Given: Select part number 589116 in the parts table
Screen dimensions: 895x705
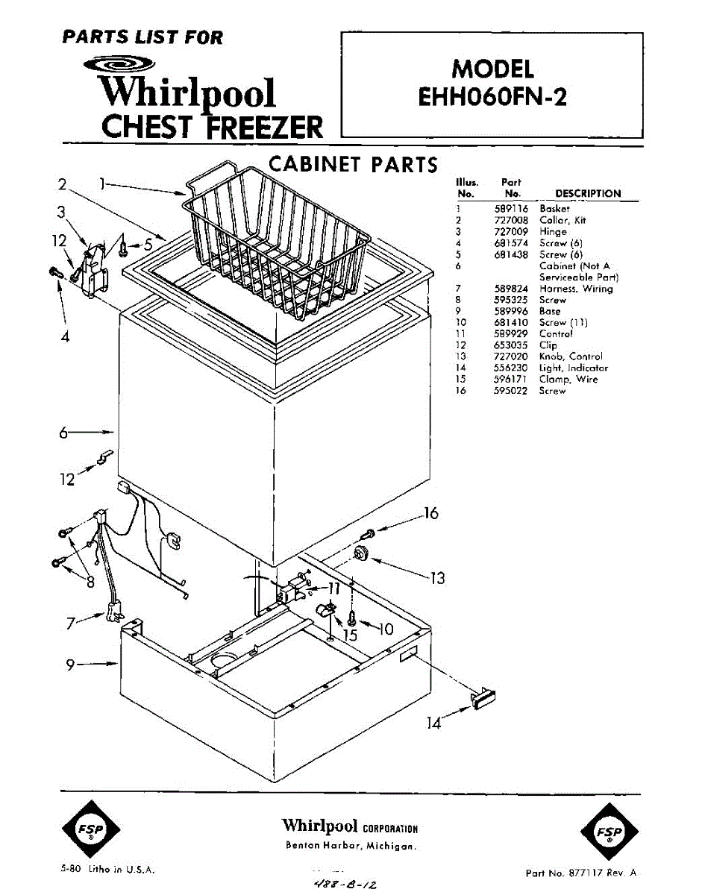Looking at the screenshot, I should [511, 210].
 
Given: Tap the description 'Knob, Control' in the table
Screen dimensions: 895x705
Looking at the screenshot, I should [570, 357].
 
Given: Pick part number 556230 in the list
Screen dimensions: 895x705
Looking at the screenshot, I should [511, 368].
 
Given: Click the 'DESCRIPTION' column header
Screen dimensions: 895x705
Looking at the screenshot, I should [588, 193].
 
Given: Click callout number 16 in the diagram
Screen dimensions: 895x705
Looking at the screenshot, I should [430, 513].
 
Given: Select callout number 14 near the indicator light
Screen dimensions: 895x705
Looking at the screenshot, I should [433, 722].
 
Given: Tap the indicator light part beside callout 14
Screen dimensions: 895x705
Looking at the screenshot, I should [484, 697].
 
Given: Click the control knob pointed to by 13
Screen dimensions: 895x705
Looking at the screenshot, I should [363, 553].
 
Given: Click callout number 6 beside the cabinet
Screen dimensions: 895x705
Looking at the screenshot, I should [64, 433].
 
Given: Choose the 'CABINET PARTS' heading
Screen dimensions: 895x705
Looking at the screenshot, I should [352, 164].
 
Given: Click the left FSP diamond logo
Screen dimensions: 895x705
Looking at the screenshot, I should [89, 829].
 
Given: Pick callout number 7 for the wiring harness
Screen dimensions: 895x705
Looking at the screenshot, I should [71, 624].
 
